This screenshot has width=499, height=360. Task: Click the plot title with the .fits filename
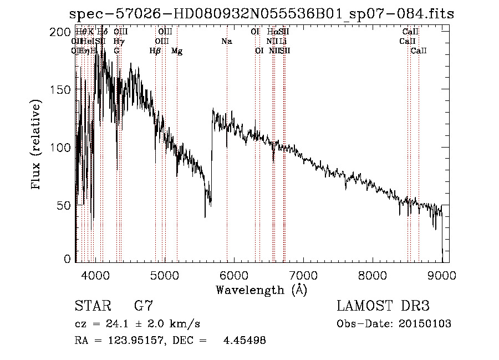click(261, 14)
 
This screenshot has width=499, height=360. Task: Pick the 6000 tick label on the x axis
click(234, 275)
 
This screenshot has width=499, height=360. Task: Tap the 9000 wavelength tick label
click(442, 275)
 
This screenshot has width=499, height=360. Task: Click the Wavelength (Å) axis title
click(261, 290)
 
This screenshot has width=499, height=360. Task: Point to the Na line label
click(226, 42)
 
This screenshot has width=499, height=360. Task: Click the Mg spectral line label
click(177, 51)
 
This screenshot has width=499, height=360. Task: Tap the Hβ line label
click(155, 51)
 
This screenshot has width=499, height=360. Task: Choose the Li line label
click(283, 42)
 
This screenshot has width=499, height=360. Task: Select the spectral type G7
click(144, 306)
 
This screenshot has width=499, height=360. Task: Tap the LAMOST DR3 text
click(383, 306)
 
